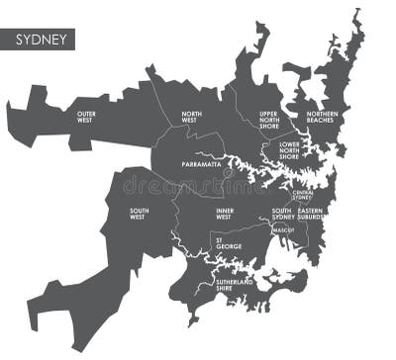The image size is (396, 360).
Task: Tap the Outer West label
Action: tap(92, 118)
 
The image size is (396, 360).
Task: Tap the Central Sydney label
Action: tap(302, 195)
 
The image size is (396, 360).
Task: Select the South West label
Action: tap(138, 213)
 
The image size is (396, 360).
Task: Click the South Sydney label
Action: tap(282, 213)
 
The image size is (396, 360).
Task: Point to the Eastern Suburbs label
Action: tap(317, 213)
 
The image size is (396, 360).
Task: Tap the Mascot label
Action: tap(283, 230)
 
